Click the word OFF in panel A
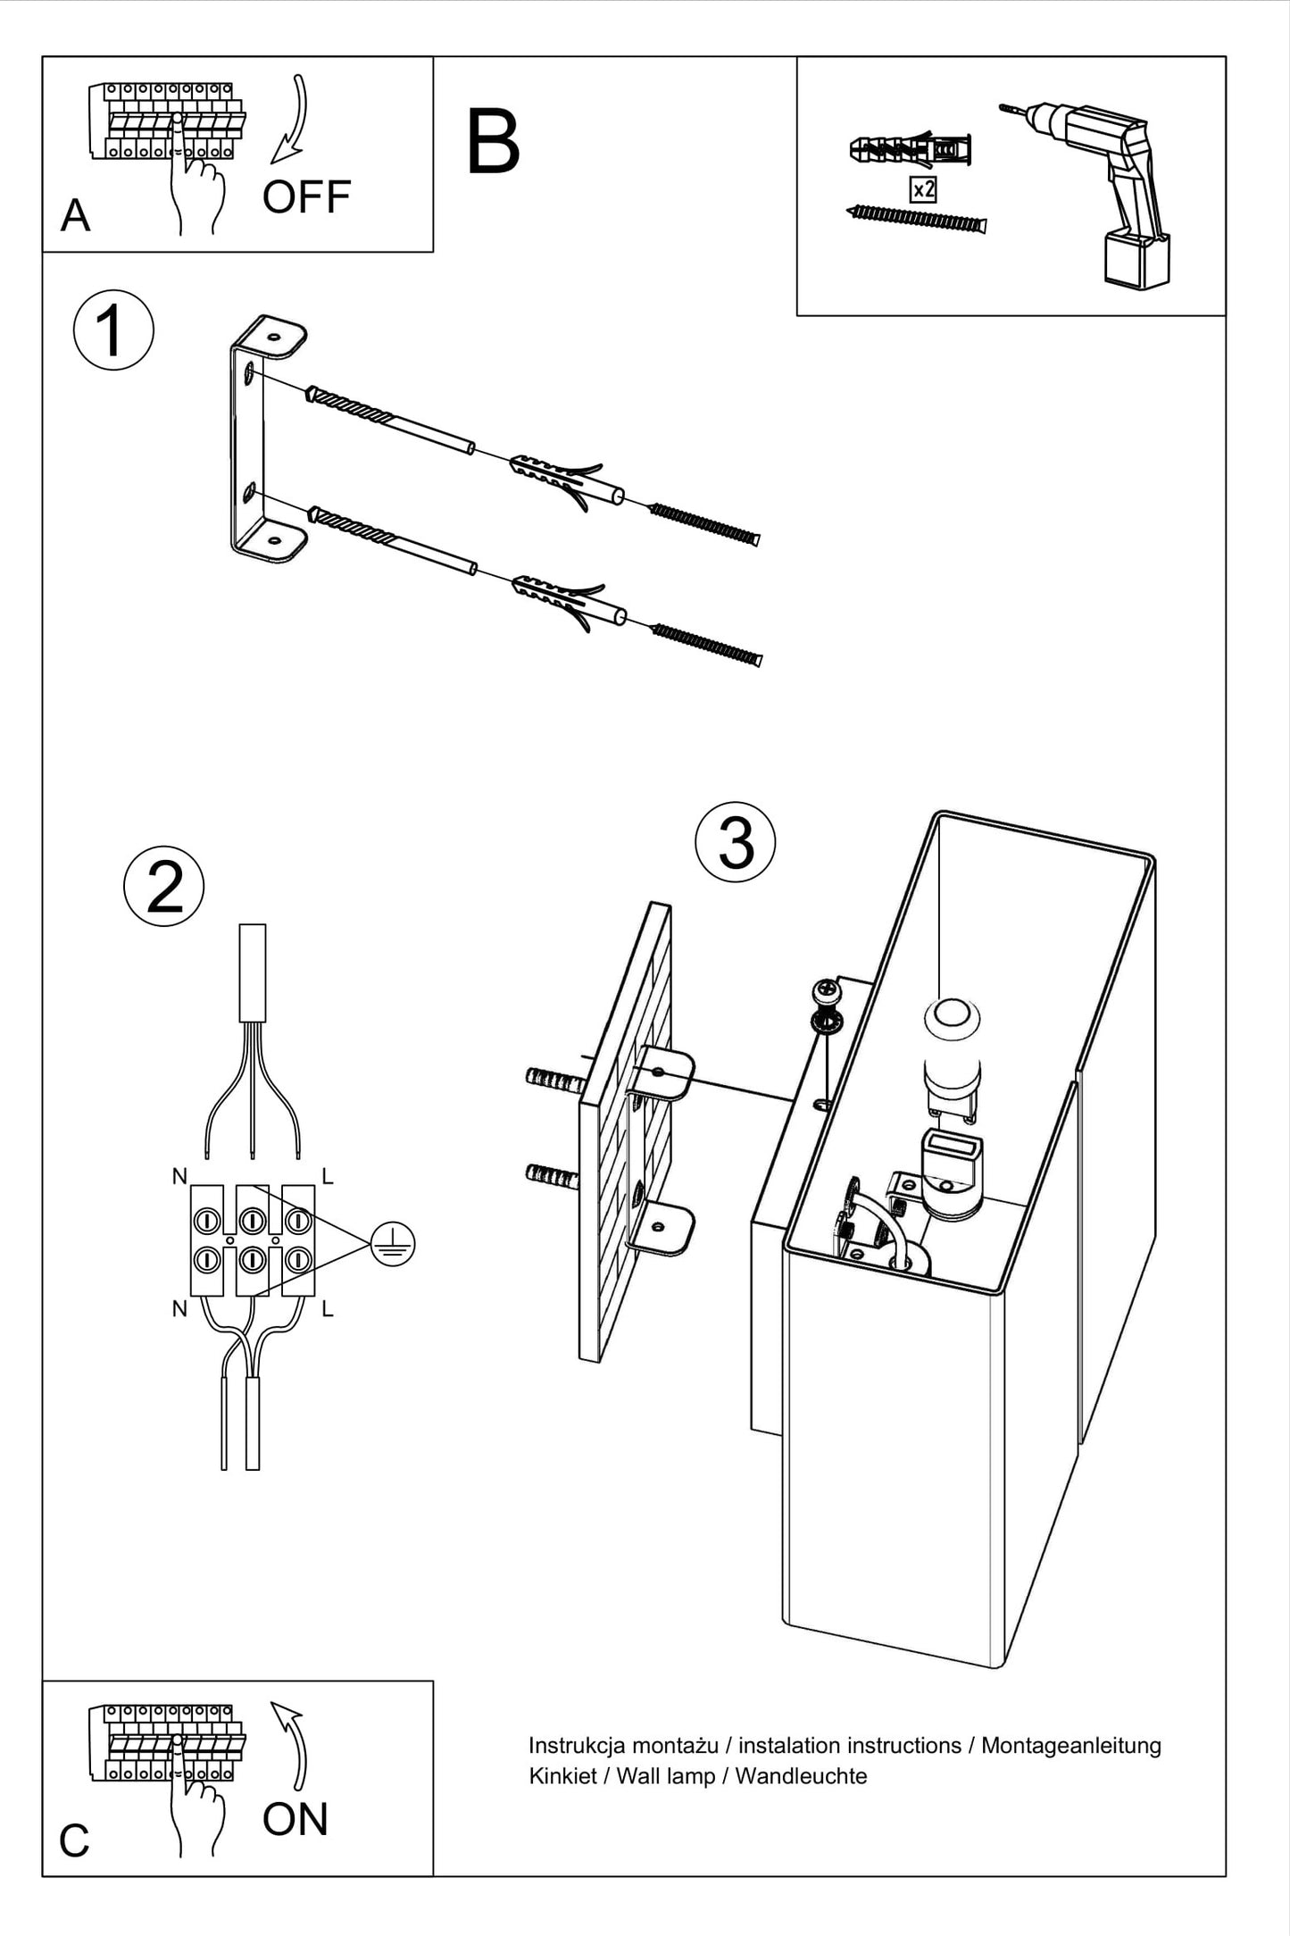click(306, 197)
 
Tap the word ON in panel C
click(295, 1819)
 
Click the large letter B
click(493, 143)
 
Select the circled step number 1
click(113, 330)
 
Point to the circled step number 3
click(736, 841)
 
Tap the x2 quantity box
click(923, 189)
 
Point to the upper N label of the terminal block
click(180, 1177)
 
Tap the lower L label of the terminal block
click(328, 1310)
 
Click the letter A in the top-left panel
click(76, 216)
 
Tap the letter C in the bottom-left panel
click(75, 1840)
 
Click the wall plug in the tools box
click(911, 150)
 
